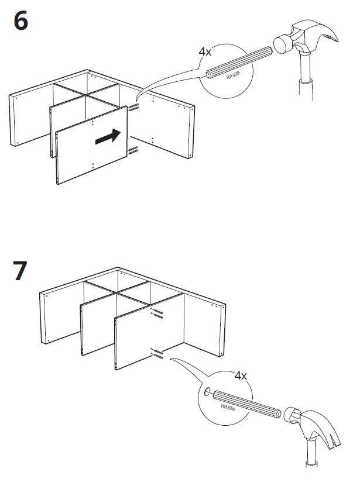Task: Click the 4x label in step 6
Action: click(205, 51)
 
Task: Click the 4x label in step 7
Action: click(241, 375)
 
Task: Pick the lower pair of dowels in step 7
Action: click(156, 353)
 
